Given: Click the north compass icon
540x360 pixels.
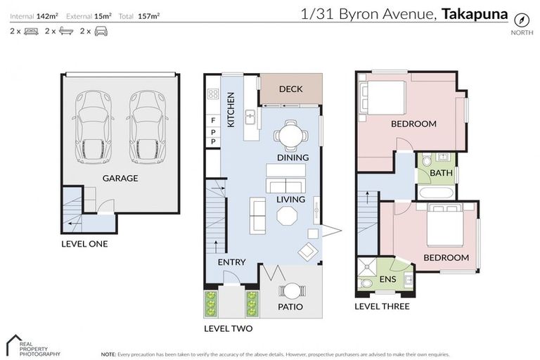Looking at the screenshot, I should point(520,20).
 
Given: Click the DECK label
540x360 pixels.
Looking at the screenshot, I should point(290,89).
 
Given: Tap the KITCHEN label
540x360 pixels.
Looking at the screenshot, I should point(231,110).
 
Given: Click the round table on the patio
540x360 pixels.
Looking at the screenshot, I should point(290,290).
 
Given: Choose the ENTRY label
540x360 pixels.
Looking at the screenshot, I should point(231,262).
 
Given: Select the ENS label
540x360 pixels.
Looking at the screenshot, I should point(387,280).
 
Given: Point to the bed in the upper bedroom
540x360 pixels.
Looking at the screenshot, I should point(383,98).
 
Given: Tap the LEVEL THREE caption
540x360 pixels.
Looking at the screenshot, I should point(382,307).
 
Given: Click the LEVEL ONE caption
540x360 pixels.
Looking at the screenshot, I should point(84,244).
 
